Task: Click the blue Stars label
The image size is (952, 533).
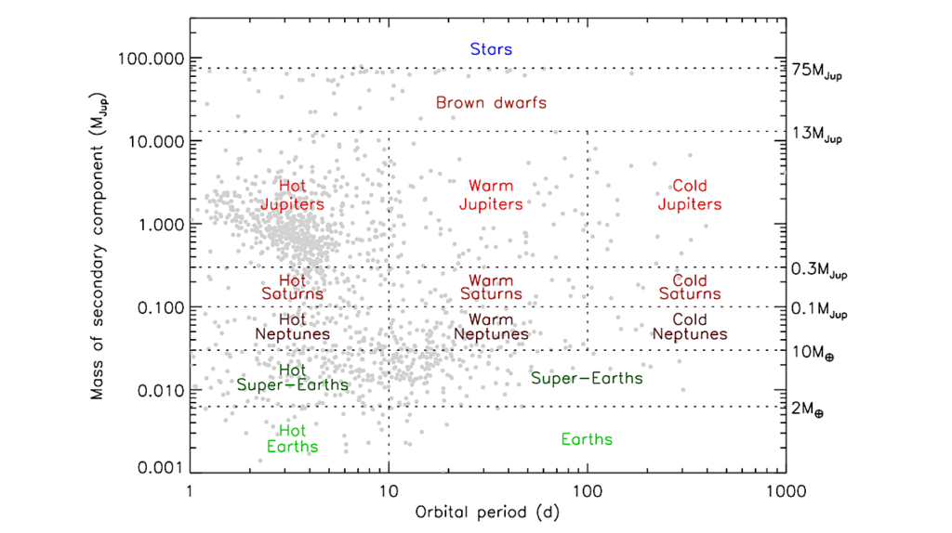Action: [491, 49]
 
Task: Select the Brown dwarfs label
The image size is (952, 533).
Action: [491, 102]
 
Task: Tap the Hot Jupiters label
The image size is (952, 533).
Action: [292, 195]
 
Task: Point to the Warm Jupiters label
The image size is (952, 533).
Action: [491, 195]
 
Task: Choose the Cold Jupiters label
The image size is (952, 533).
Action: [690, 195]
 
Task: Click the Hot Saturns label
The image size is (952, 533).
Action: [292, 287]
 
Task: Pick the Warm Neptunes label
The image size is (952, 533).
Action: [491, 327]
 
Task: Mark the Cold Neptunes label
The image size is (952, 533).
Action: [690, 327]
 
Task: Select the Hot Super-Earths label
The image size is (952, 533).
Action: [292, 378]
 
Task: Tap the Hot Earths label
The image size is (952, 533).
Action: [292, 439]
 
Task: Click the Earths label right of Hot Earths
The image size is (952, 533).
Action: [587, 439]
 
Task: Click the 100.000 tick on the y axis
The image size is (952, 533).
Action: [150, 58]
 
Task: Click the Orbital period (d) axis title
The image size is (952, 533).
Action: [487, 511]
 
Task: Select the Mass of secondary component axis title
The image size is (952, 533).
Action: [98, 265]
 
